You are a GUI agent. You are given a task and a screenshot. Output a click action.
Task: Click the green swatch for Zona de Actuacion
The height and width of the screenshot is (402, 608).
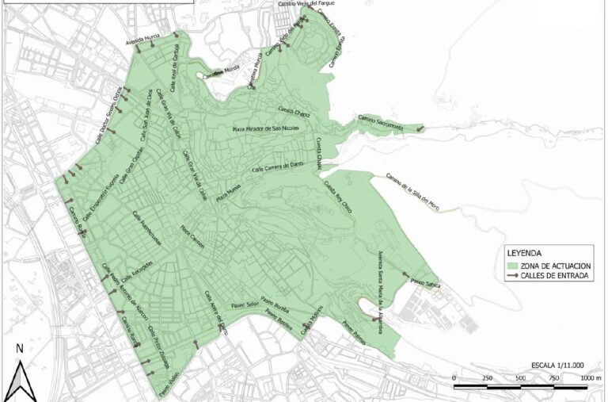514,265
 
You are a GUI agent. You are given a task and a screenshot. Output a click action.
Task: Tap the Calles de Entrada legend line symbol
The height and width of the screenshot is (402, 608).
514,275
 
